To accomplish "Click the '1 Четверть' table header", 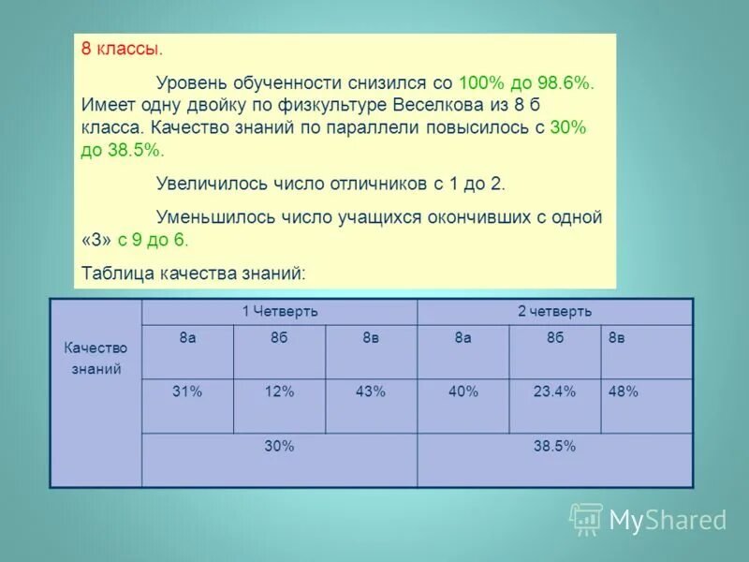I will click(280, 312).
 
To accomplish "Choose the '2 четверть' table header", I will click(554, 312).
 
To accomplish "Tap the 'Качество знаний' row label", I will click(95, 358).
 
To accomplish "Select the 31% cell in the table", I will click(187, 392).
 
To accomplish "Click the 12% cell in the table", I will click(279, 392).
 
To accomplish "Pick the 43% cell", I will click(371, 392).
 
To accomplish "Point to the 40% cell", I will click(463, 392).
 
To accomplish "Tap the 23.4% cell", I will click(554, 392).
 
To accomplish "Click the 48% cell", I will click(624, 392).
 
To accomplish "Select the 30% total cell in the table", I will click(279, 447).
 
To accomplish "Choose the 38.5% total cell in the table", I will click(554, 447).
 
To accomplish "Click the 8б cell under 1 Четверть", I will click(279, 338).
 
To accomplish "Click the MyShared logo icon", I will click(586, 518).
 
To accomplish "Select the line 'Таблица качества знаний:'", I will click(195, 273).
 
